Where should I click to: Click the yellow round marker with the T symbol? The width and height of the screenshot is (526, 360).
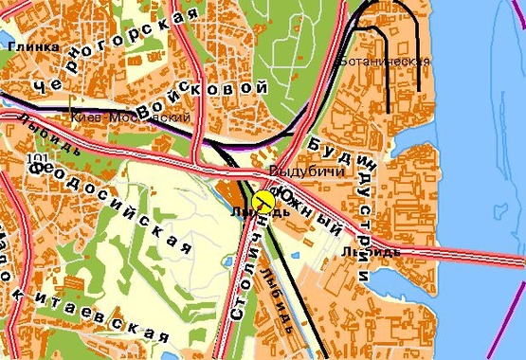click(x=264, y=201)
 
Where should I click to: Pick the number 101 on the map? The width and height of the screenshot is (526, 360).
click(x=38, y=158)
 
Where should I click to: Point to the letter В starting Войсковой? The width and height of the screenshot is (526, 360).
click(x=145, y=112)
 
